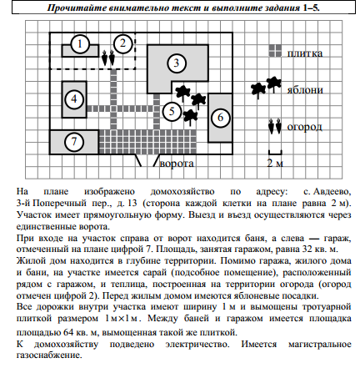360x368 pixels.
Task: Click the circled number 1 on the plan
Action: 79,43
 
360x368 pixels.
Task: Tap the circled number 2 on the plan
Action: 122,42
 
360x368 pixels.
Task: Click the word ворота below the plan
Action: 178,164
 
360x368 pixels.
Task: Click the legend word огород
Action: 303,127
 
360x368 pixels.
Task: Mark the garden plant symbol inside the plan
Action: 108,59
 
